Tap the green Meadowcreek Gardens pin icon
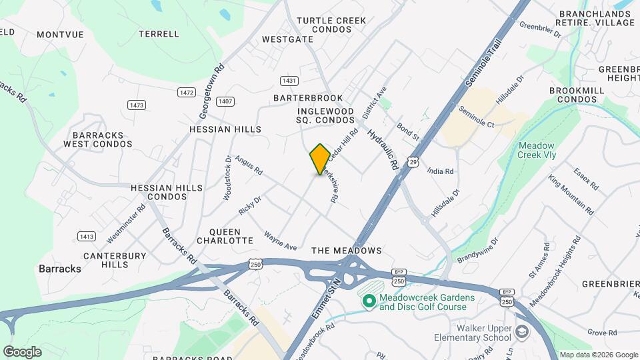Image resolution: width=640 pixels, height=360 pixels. click(x=368, y=302)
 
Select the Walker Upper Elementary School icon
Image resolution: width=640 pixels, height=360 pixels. click(x=521, y=332)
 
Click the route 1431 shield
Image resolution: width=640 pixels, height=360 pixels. click(x=289, y=81)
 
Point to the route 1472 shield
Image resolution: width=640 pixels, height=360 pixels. click(x=187, y=92)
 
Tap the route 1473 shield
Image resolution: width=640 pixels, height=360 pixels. click(x=137, y=105)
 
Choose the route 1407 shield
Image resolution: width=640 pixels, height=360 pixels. click(x=226, y=101)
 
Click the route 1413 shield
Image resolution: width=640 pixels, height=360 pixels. click(x=86, y=237)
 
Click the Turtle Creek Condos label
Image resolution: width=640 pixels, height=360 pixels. click(x=331, y=25)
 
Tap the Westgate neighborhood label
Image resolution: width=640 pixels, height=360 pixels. click(x=287, y=39)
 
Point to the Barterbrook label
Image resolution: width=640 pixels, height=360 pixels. click(x=308, y=98)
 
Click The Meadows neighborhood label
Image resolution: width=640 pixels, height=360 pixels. click(x=347, y=251)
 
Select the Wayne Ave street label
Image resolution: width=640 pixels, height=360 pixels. click(x=280, y=241)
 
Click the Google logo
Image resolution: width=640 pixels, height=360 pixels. click(x=22, y=351)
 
